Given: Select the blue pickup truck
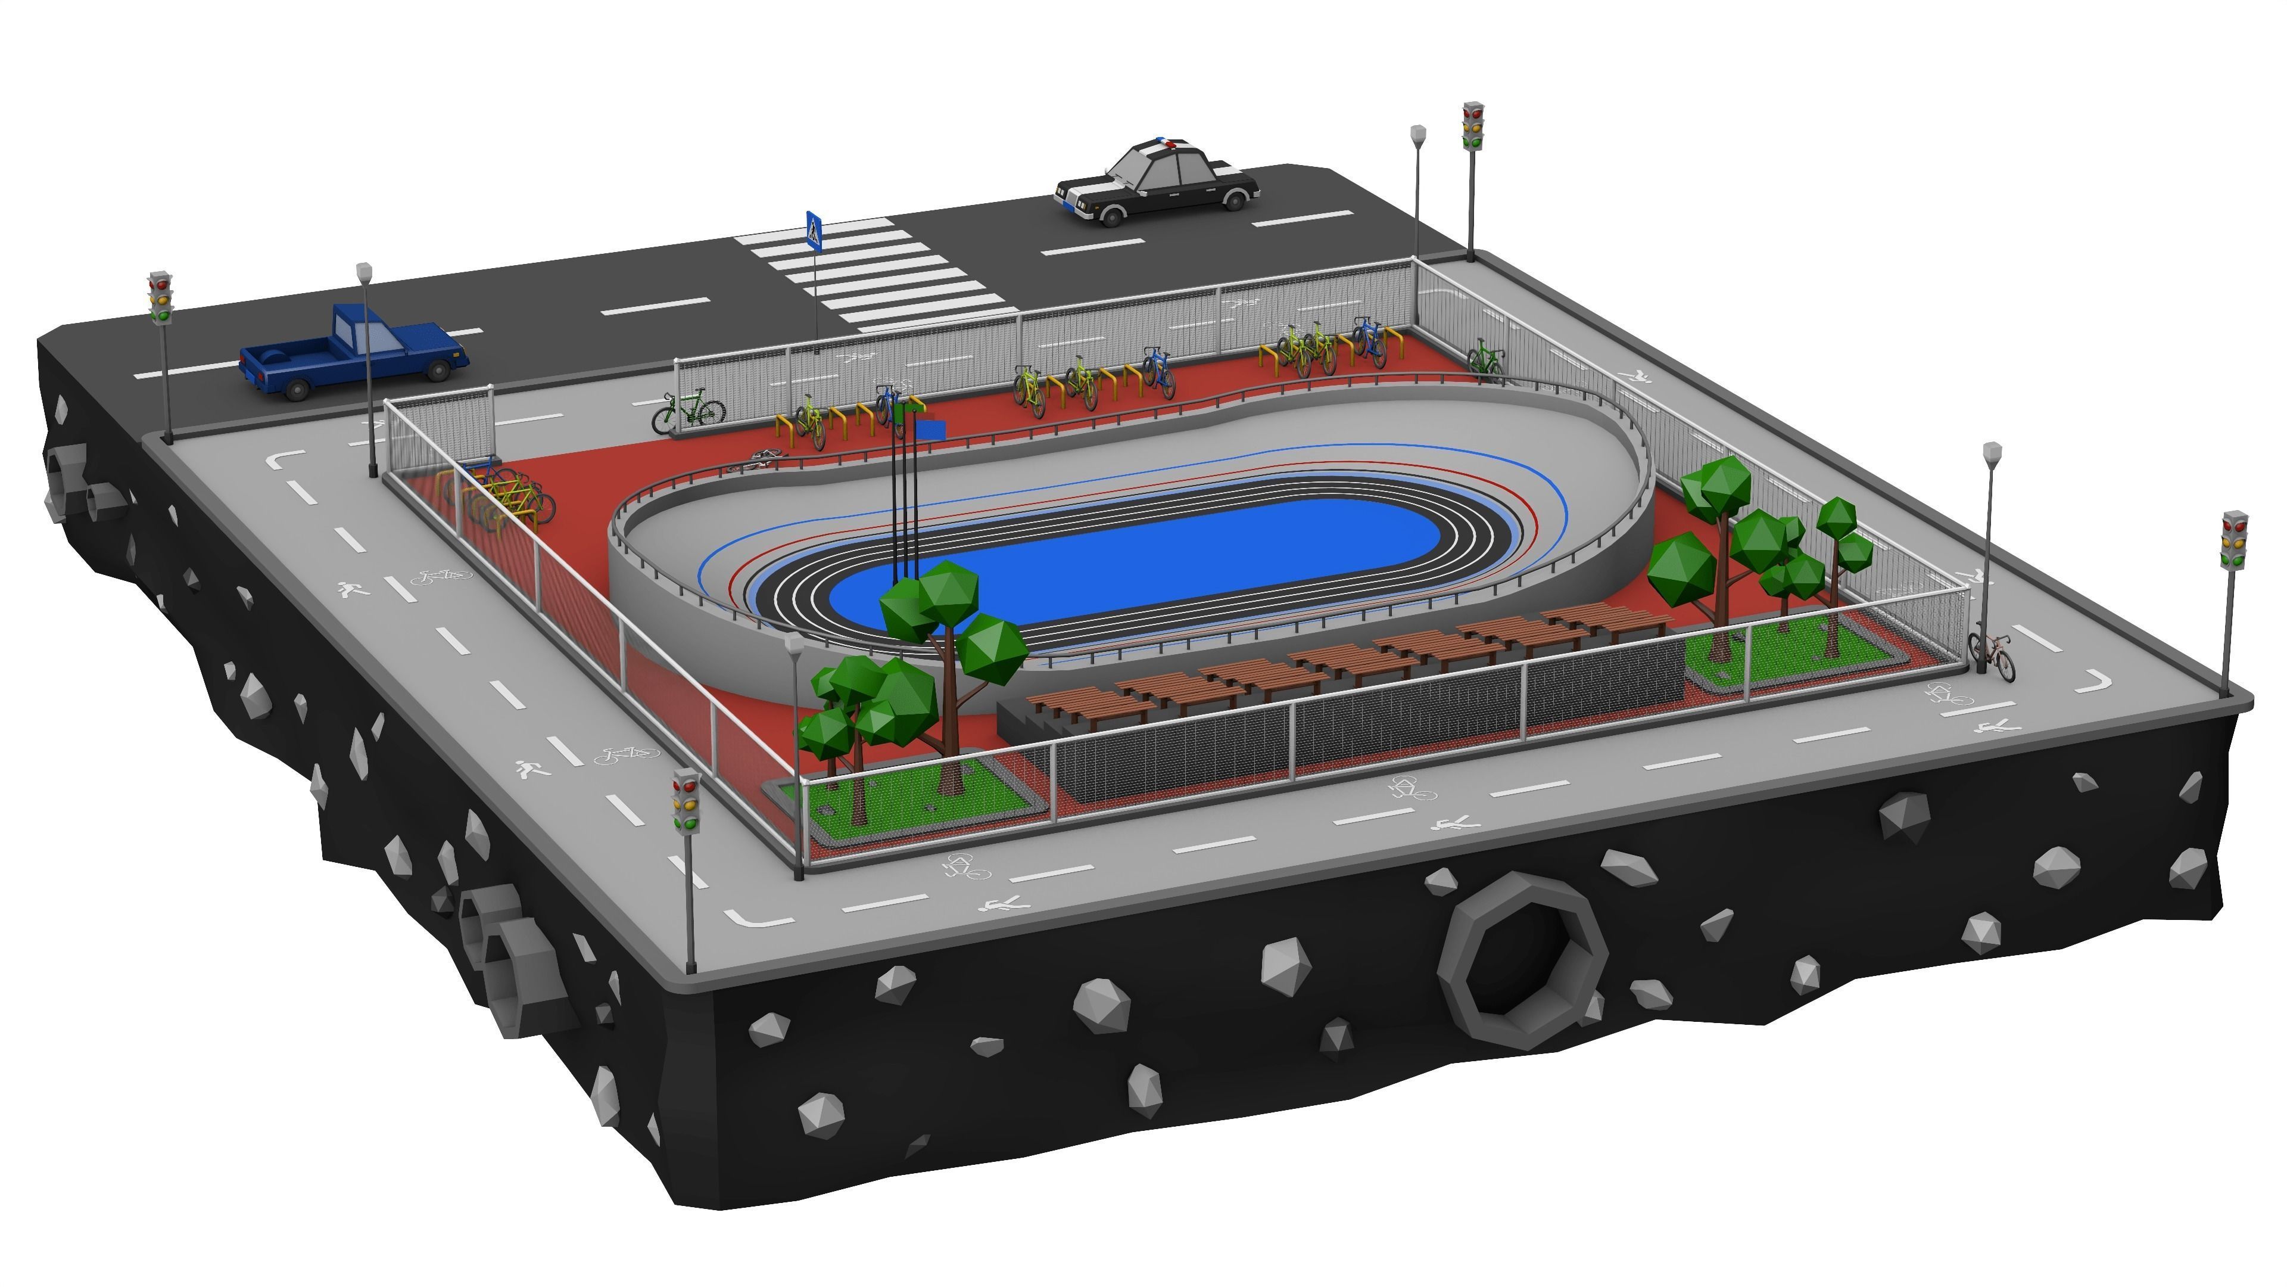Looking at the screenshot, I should [x=353, y=353].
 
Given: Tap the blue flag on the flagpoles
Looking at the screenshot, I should [x=930, y=430].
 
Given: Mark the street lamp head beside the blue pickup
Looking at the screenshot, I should [x=363, y=271].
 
